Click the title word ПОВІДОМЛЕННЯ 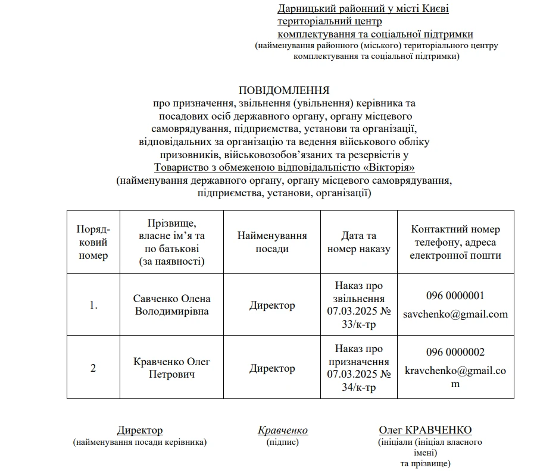[284, 90]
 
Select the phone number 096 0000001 [455, 296]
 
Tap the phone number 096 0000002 [455, 352]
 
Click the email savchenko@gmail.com [455, 314]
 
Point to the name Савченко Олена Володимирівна [171, 304]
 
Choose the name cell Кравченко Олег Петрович [171, 368]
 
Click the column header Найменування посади [272, 242]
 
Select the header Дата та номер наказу [358, 242]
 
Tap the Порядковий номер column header [93, 242]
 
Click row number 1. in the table [93, 305]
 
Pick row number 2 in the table [93, 368]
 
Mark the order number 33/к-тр [359, 324]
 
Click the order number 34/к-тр [359, 387]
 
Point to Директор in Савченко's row [272, 305]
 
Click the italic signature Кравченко [283, 431]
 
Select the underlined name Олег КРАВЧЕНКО [425, 431]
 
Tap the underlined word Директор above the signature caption [140, 431]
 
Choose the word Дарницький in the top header [306, 8]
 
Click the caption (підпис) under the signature [283, 442]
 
